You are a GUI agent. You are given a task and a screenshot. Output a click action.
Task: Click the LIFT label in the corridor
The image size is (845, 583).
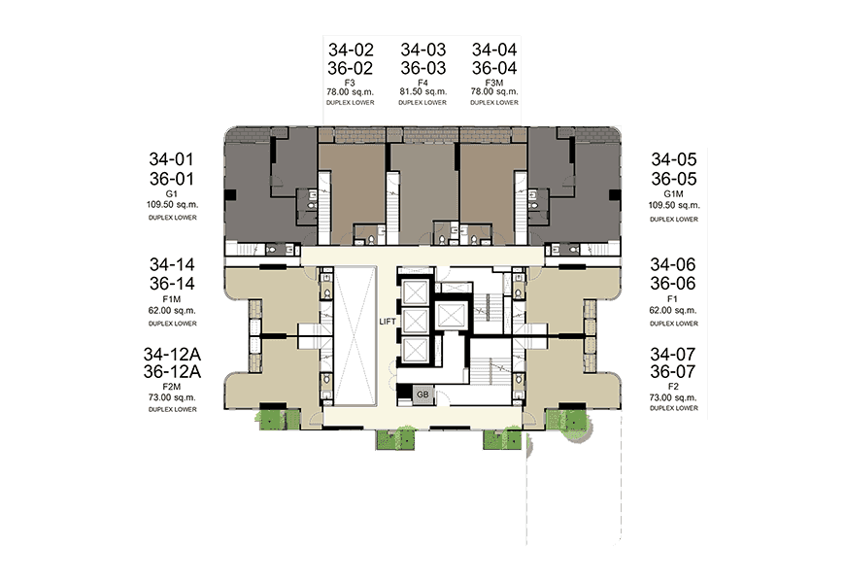pyautogui.click(x=388, y=322)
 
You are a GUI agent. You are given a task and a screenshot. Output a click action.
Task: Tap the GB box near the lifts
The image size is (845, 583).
pyautogui.click(x=422, y=394)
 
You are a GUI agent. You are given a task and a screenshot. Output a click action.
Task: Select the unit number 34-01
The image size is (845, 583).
pyautogui.click(x=171, y=159)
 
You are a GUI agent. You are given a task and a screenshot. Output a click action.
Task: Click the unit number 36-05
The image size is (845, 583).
pyautogui.click(x=674, y=179)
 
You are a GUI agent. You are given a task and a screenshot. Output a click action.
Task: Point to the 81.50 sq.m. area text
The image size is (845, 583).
pyautogui.click(x=423, y=91)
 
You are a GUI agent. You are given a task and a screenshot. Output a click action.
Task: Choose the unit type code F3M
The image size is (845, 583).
pyautogui.click(x=494, y=83)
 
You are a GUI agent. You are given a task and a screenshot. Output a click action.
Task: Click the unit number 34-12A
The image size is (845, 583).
pyautogui.click(x=172, y=354)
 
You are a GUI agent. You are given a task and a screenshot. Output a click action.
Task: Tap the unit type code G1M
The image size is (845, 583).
pyautogui.click(x=674, y=193)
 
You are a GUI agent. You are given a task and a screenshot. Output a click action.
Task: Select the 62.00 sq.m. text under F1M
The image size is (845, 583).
pyautogui.click(x=172, y=311)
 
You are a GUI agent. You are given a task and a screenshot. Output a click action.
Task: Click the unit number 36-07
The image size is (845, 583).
pyautogui.click(x=672, y=371)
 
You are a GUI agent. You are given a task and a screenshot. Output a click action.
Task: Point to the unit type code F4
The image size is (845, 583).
pyautogui.click(x=423, y=83)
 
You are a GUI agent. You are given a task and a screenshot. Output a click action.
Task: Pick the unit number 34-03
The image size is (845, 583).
pyautogui.click(x=423, y=50)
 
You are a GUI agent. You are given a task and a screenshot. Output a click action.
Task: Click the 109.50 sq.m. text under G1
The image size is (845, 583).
pyautogui.click(x=172, y=204)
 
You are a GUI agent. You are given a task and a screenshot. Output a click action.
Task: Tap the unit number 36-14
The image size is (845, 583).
pyautogui.click(x=172, y=283)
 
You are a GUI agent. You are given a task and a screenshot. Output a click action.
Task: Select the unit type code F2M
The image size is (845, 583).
pyautogui.click(x=171, y=387)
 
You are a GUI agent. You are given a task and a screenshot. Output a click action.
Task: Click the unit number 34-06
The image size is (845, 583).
pyautogui.click(x=672, y=264)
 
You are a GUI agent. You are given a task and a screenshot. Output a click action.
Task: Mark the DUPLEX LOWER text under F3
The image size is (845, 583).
pyautogui.click(x=351, y=102)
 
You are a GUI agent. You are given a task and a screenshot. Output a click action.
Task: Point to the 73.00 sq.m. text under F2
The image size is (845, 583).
pyautogui.click(x=673, y=397)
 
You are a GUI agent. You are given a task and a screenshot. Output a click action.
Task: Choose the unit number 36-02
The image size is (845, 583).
pyautogui.click(x=351, y=68)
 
